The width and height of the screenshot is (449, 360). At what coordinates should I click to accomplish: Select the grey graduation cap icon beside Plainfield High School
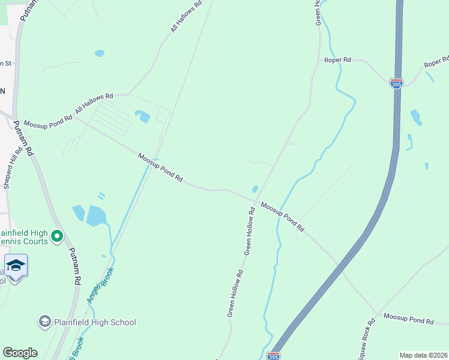[44, 322]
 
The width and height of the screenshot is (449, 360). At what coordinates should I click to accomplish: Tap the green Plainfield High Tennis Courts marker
[57, 236]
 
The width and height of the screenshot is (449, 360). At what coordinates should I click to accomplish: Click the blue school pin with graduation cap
[16, 266]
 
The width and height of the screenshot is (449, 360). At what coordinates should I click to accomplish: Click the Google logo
[20, 353]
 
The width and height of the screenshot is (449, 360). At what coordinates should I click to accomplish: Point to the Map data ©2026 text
[423, 355]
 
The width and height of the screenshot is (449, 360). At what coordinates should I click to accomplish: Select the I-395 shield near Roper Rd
[396, 83]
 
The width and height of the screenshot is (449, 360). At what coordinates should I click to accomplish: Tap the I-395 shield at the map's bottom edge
[274, 356]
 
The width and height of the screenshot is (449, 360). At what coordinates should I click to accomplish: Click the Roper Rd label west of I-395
[337, 60]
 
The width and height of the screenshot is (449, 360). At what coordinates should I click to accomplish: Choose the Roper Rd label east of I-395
[436, 62]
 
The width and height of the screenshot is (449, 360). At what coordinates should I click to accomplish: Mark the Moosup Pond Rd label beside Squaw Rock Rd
[408, 319]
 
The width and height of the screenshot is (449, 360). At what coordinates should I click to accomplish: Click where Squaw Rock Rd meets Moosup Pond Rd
[377, 315]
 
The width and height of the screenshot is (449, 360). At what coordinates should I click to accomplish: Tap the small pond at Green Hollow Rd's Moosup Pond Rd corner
[255, 189]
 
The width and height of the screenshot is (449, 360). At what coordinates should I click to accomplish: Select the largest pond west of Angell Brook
[96, 215]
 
